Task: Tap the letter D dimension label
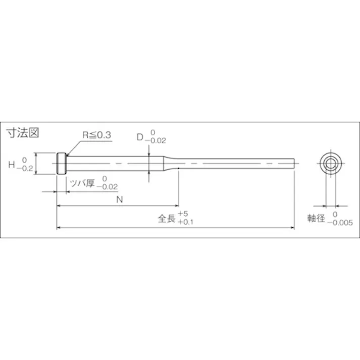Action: [x=140, y=136]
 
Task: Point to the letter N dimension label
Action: [x=119, y=199]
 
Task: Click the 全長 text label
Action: [x=167, y=219]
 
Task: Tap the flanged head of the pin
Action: [x=62, y=164]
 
